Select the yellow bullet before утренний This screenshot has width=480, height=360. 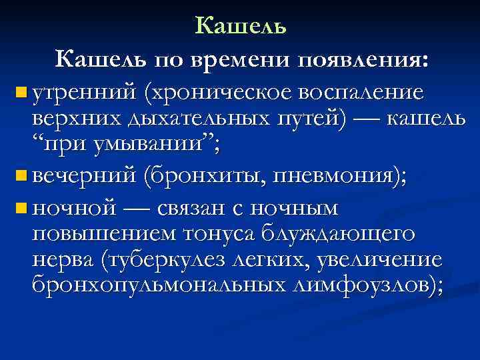[20, 90]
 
